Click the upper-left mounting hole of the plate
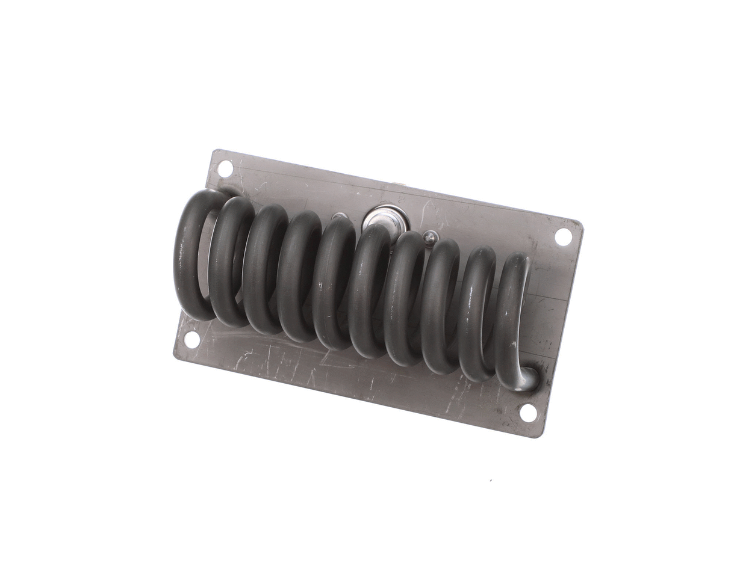click(x=225, y=168)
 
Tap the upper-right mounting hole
click(x=563, y=236)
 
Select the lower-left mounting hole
click(x=191, y=340)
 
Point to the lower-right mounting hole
click(x=527, y=413)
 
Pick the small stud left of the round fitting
click(x=339, y=217)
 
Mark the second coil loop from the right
click(x=476, y=313)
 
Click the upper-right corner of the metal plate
click(x=580, y=224)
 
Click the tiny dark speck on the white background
click(x=491, y=480)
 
